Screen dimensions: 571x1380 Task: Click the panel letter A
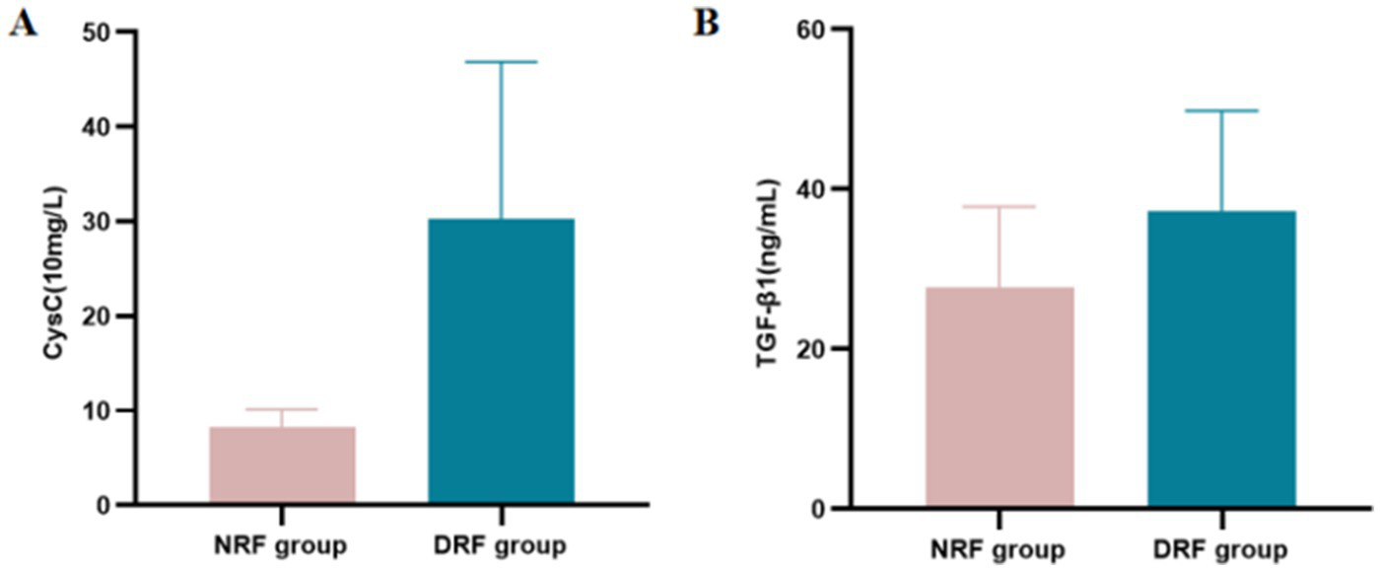23,23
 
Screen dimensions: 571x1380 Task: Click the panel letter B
706,23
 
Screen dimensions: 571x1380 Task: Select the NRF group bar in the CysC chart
282,465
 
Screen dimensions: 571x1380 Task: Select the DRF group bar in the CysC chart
501,362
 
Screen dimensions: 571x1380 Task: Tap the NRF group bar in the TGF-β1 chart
1000,397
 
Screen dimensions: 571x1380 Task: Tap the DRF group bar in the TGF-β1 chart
1221,360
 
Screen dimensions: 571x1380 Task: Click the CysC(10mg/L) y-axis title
53,268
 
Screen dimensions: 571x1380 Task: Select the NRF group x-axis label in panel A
282,544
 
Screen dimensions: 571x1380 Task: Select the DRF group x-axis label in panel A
501,544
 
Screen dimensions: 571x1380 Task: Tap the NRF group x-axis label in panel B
1000,548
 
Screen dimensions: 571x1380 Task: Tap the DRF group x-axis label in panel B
1221,548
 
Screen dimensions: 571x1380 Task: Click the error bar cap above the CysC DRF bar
501,62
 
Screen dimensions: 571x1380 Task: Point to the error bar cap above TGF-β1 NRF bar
1000,206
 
